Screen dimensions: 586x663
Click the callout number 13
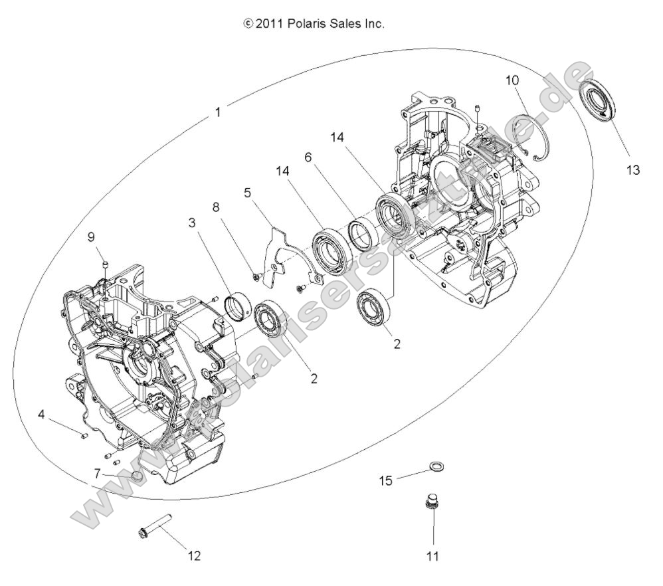[632, 170]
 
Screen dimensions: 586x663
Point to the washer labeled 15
[436, 468]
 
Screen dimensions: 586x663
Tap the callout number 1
[218, 112]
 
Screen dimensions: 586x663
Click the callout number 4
[42, 415]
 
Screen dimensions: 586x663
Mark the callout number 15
[387, 478]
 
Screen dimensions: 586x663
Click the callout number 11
[432, 555]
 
